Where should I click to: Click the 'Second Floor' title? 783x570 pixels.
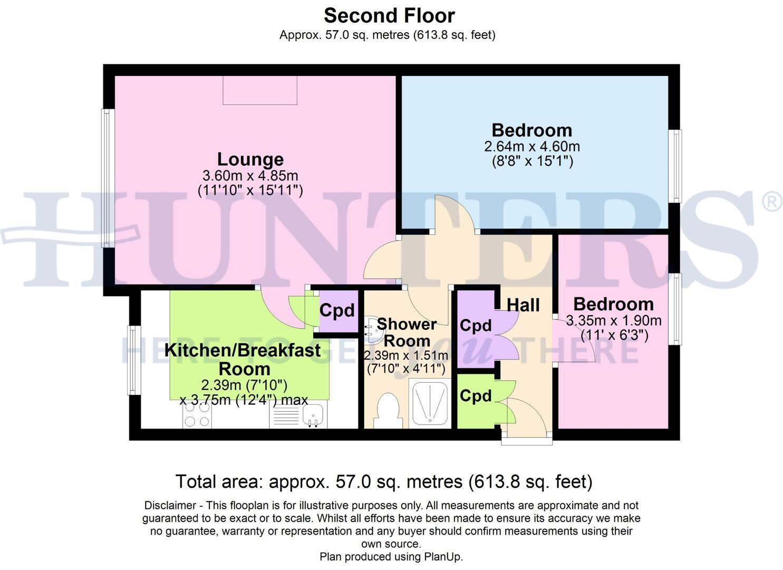389,16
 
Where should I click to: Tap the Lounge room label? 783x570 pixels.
250,159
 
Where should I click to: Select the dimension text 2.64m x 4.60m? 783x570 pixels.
531,146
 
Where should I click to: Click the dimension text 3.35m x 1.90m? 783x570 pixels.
613,320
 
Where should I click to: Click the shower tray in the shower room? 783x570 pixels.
430,404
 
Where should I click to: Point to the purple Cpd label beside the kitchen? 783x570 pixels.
337,310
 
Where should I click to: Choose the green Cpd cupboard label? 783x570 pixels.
475,396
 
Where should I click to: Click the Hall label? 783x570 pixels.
523,305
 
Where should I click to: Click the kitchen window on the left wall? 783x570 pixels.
133,360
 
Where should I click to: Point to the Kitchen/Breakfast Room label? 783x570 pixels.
243,359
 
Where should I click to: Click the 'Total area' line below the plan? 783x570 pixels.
383,481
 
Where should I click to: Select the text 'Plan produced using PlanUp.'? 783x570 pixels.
391,557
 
